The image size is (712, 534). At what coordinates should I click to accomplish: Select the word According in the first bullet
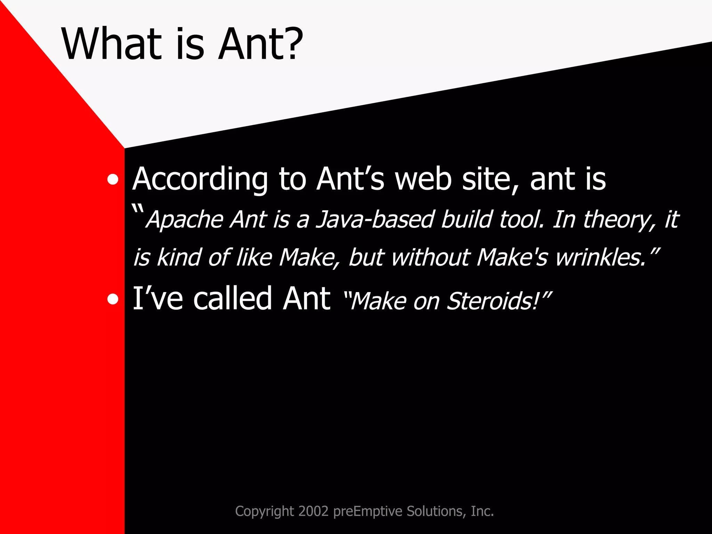click(x=200, y=179)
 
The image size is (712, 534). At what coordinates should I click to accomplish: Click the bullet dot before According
click(x=113, y=180)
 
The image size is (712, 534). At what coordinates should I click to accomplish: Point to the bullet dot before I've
click(x=113, y=299)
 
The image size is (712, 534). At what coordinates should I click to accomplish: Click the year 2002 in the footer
click(x=313, y=511)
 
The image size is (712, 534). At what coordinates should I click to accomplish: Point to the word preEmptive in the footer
click(x=368, y=512)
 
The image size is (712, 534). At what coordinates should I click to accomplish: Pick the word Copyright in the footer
click(x=265, y=512)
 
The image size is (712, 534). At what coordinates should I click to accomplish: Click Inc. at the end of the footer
click(x=482, y=511)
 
